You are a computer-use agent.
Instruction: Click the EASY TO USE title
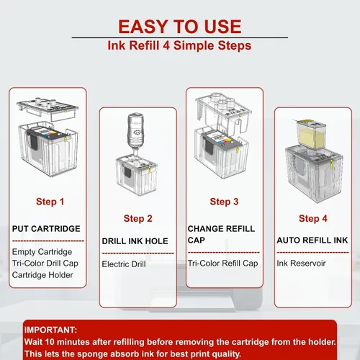(180, 27)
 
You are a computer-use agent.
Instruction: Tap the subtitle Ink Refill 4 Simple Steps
(179, 45)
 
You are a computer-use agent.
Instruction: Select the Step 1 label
(50, 202)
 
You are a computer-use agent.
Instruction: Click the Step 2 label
(138, 218)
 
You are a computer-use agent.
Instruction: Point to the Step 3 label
(224, 202)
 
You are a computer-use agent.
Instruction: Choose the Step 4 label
(313, 218)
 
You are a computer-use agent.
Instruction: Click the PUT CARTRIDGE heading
(46, 229)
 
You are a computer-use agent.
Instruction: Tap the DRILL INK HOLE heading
(135, 241)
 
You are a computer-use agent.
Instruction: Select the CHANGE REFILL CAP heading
(221, 234)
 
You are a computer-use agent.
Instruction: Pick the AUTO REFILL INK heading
(312, 240)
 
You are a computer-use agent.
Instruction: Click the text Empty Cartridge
(42, 252)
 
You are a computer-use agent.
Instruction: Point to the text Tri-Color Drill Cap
(45, 264)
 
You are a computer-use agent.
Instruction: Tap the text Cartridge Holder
(42, 275)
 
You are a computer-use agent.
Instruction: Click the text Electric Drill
(124, 264)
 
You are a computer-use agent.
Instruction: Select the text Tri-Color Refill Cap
(222, 264)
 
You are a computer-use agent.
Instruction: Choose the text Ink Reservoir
(301, 264)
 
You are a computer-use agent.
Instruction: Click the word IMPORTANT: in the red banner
(50, 330)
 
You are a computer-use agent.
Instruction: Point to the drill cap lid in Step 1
(48, 108)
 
